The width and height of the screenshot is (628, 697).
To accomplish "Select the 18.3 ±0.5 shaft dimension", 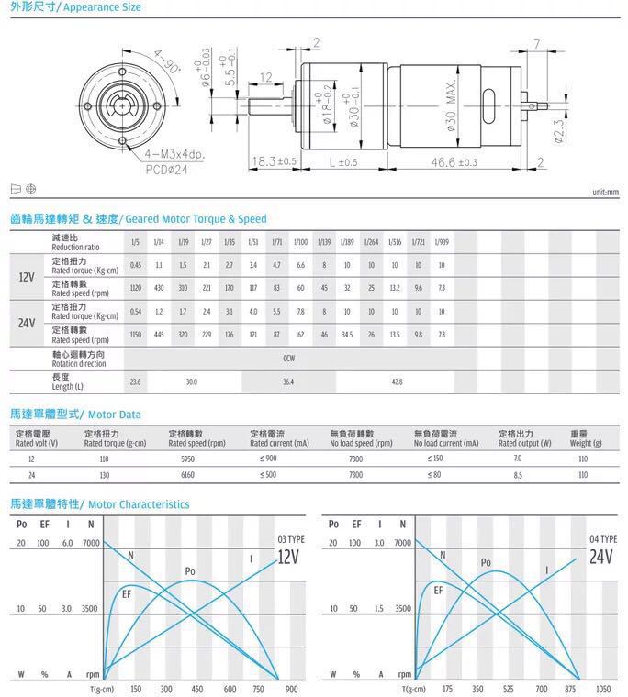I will (x=275, y=161).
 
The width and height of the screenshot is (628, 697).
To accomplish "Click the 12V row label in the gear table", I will (x=28, y=276).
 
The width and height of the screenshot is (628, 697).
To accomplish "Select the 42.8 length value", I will (x=397, y=381).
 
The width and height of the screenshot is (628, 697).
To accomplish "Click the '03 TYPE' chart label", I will (x=289, y=538).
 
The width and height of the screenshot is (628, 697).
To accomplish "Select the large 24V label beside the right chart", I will (x=601, y=557).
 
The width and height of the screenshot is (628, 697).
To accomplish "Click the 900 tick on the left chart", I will (x=292, y=689).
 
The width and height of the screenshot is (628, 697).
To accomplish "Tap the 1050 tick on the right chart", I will (x=603, y=689).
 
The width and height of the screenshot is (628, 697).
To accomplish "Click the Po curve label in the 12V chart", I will (x=190, y=571).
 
